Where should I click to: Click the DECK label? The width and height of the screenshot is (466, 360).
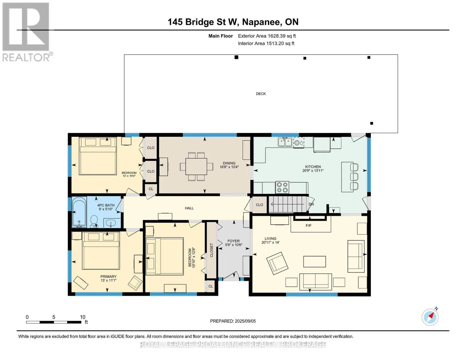tap(261, 94)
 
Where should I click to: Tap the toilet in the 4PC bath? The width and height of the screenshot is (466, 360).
tap(94, 221)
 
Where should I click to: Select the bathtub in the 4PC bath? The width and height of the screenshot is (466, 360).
tap(79, 212)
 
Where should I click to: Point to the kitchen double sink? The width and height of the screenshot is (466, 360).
tap(285, 142)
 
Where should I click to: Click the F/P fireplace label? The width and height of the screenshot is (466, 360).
tap(308, 225)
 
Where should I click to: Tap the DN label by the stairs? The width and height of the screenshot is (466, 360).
tap(311, 204)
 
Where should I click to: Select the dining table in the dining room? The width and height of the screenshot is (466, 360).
tap(196, 166)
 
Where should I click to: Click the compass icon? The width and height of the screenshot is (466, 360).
tap(430, 317)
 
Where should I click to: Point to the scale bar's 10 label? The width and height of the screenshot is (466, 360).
tap(83, 317)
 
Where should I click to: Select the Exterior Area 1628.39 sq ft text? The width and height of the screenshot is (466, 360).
tap(267, 36)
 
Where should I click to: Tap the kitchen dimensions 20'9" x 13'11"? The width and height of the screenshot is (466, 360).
tap(313, 171)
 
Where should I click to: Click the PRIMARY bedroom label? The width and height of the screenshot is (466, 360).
tap(109, 277)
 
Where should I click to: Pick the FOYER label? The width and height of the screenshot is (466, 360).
tap(233, 241)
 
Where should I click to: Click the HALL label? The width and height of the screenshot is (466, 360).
tap(189, 208)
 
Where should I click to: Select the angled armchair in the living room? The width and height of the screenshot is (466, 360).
tap(277, 263)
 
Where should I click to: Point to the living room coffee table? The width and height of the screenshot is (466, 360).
tap(314, 262)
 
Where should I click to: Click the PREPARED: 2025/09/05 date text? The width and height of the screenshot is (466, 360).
tap(233, 321)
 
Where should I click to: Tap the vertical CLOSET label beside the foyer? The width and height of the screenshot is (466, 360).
tap(212, 250)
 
